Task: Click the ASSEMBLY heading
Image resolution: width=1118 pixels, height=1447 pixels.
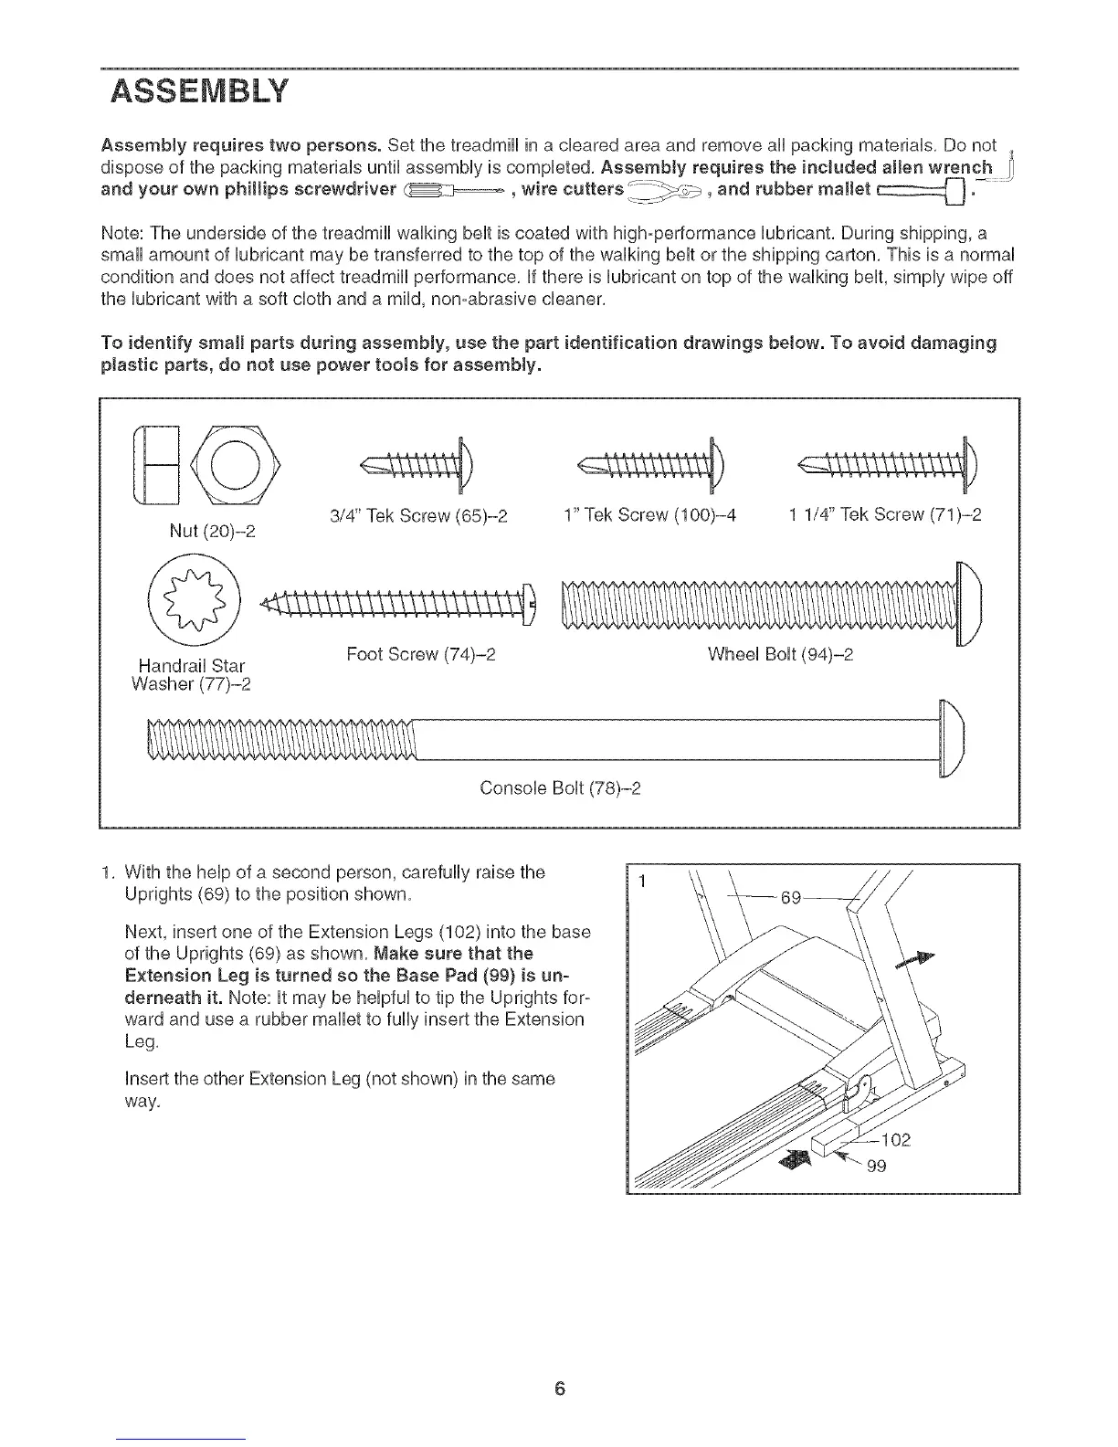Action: pos(197,92)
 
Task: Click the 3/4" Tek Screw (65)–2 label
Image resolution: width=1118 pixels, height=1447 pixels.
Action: pos(417,514)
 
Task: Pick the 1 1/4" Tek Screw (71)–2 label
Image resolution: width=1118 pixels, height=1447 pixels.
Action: pos(884,514)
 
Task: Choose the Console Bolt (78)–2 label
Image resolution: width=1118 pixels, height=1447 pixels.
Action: pos(560,787)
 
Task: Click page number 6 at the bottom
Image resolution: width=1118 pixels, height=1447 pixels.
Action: pos(559,1363)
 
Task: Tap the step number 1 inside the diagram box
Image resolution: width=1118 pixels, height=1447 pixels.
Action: pos(643,883)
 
